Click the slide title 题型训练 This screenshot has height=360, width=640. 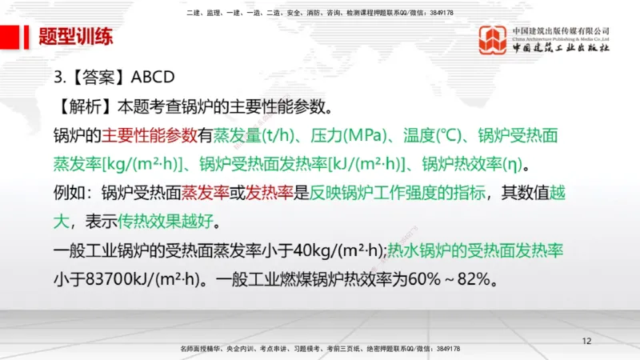click(x=76, y=37)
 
